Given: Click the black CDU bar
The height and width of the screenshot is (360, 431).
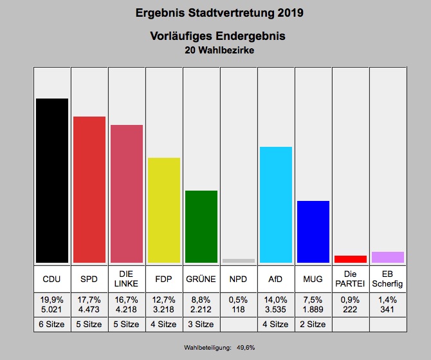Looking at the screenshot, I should click(x=52, y=180).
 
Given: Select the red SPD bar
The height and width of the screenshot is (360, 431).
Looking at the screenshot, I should click(x=89, y=189).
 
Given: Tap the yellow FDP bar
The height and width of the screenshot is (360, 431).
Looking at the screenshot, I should click(x=164, y=210).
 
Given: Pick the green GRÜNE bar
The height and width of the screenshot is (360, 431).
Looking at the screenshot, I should click(x=201, y=227).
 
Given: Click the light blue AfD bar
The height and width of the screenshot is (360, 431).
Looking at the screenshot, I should click(x=276, y=205).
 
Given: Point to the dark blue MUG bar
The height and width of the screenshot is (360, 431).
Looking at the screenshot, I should click(x=313, y=232).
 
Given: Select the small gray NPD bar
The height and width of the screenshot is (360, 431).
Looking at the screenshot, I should click(x=239, y=261).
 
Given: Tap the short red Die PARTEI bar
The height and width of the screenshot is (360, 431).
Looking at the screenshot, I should click(x=351, y=259).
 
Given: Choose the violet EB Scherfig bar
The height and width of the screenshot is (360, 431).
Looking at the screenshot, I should click(x=388, y=257).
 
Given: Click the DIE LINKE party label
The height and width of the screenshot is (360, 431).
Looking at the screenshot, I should click(x=127, y=279).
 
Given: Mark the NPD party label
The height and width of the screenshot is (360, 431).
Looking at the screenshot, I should click(x=239, y=279).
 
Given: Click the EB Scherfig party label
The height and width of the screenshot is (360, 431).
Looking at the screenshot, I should click(x=388, y=279).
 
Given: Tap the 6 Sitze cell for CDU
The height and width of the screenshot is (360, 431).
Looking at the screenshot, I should click(x=51, y=324).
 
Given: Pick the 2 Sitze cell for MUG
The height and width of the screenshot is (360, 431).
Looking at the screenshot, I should click(x=313, y=324).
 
